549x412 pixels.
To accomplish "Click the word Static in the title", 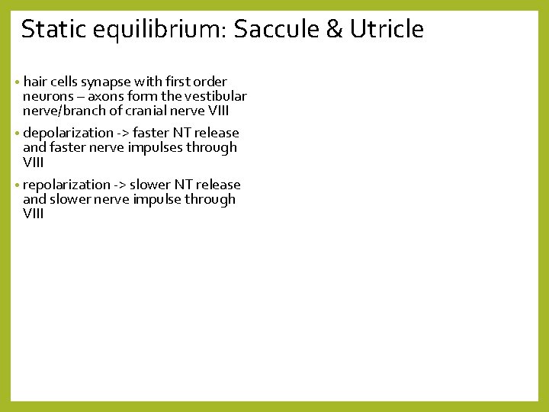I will (50, 29).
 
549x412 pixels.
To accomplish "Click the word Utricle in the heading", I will (387, 29).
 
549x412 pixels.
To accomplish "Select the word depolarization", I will (67, 133).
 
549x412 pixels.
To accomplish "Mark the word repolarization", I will (67, 185).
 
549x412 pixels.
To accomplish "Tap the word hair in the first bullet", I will (35, 82).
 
